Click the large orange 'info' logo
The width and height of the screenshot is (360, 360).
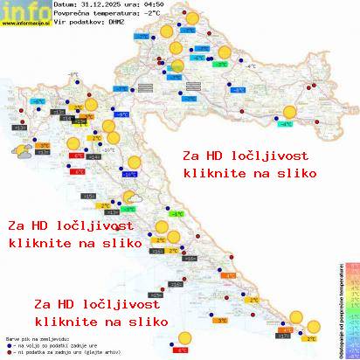tap(24, 11)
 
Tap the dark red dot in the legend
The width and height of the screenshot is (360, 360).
tap(8, 351)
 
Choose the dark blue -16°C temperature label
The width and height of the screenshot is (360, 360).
tap(129, 175)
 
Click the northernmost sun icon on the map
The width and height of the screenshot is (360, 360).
tap(165, 31)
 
